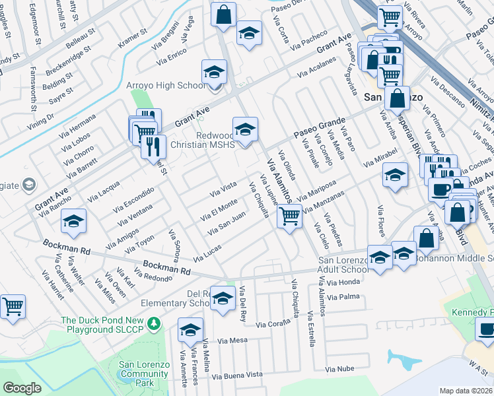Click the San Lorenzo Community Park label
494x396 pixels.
point(144,374)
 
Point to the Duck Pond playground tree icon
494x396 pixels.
point(153,323)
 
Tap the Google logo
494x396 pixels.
point(22,388)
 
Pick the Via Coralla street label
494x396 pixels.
point(273,324)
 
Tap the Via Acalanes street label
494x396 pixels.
point(317,69)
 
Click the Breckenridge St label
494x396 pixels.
point(69,63)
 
